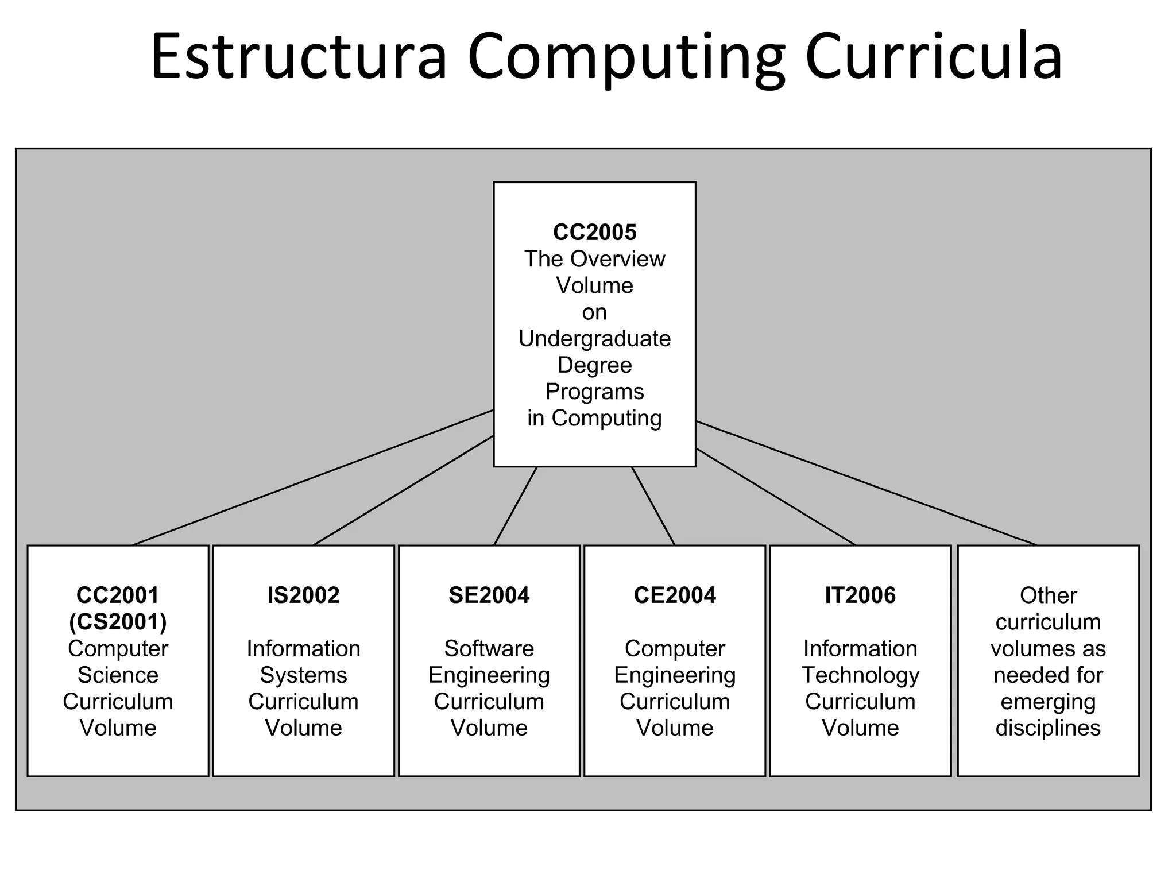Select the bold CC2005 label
click(x=594, y=232)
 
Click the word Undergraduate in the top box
click(x=594, y=339)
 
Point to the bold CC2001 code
click(x=118, y=595)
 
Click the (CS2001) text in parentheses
click(x=118, y=621)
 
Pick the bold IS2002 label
click(x=303, y=595)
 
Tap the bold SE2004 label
click(x=489, y=595)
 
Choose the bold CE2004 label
click(x=675, y=595)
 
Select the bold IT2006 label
click(x=860, y=595)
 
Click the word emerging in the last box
click(x=1048, y=702)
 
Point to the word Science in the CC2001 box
click(x=118, y=675)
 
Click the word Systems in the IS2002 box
click(x=303, y=675)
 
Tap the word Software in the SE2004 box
click(x=489, y=649)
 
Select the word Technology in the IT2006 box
click(x=860, y=675)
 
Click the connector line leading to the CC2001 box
click(x=313, y=477)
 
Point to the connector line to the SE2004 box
click(x=516, y=506)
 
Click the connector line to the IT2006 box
click(x=775, y=497)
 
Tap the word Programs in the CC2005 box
click(x=594, y=392)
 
